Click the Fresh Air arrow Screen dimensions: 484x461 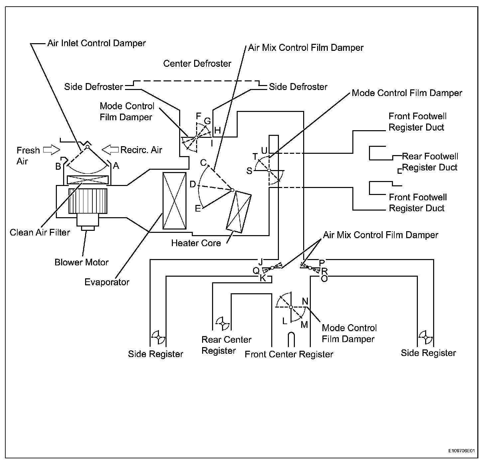click(x=52, y=150)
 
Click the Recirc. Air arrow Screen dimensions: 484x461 click(x=110, y=149)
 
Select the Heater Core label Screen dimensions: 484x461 click(x=196, y=243)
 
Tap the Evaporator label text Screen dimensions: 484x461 click(x=107, y=282)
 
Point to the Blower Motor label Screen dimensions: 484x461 click(x=81, y=262)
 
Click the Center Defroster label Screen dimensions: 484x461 click(x=197, y=63)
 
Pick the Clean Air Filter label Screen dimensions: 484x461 click(x=40, y=232)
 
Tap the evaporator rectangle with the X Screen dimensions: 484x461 click(x=175, y=201)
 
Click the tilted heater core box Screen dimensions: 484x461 click(x=239, y=212)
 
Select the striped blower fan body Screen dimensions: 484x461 click(x=88, y=201)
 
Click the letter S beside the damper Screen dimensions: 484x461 click(x=249, y=171)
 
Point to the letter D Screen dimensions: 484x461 click(x=192, y=184)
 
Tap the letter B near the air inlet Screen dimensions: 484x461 click(x=58, y=166)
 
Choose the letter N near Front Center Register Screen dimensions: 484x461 click(x=305, y=301)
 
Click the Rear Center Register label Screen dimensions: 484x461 click(x=226, y=345)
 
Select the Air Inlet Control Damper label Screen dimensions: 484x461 click(x=96, y=43)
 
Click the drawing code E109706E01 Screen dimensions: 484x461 click(x=461, y=451)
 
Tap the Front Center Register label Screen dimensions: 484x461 click(x=289, y=354)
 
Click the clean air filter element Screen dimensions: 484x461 click(x=88, y=180)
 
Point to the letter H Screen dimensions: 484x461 click(x=217, y=130)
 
